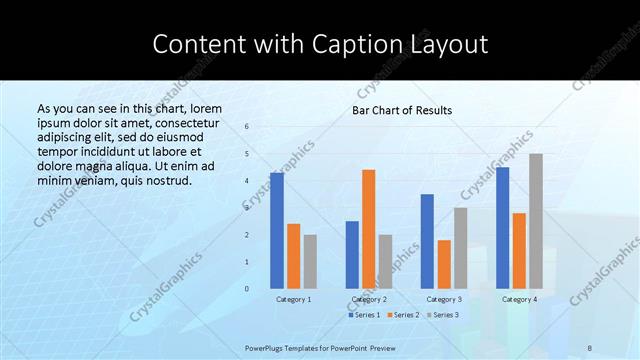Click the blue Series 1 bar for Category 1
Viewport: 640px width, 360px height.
(277, 230)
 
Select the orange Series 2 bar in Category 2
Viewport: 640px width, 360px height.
(369, 228)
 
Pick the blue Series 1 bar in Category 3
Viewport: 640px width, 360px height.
(427, 241)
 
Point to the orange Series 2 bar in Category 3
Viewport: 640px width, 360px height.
(444, 264)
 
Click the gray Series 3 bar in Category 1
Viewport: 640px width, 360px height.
(310, 261)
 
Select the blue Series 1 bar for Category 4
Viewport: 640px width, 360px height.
(502, 227)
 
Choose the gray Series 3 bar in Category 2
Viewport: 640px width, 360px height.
(386, 261)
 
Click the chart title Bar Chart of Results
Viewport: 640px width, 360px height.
(402, 110)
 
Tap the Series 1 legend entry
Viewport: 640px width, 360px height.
(364, 315)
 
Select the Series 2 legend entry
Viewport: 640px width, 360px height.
(402, 315)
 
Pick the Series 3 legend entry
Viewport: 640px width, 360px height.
(442, 315)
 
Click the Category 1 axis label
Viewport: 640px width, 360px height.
(293, 299)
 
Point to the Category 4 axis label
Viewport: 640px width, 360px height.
(519, 299)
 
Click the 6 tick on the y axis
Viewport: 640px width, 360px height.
(247, 126)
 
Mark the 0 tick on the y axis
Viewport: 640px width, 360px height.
(247, 288)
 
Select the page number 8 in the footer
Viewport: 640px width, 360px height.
(590, 347)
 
